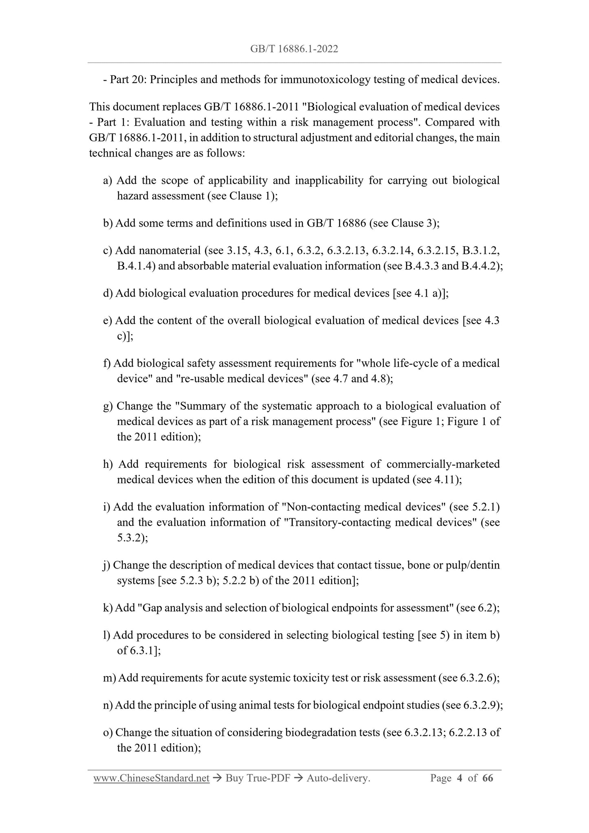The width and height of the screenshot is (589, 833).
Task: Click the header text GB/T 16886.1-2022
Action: tap(294, 49)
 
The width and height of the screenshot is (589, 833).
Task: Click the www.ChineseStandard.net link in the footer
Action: tap(151, 778)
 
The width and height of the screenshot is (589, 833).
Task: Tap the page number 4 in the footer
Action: tap(459, 778)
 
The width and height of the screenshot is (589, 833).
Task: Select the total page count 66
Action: tap(488, 778)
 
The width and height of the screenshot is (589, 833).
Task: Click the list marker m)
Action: tap(109, 678)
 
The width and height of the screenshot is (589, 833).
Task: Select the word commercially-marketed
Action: tap(443, 465)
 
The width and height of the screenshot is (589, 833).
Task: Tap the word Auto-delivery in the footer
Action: tap(338, 778)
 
